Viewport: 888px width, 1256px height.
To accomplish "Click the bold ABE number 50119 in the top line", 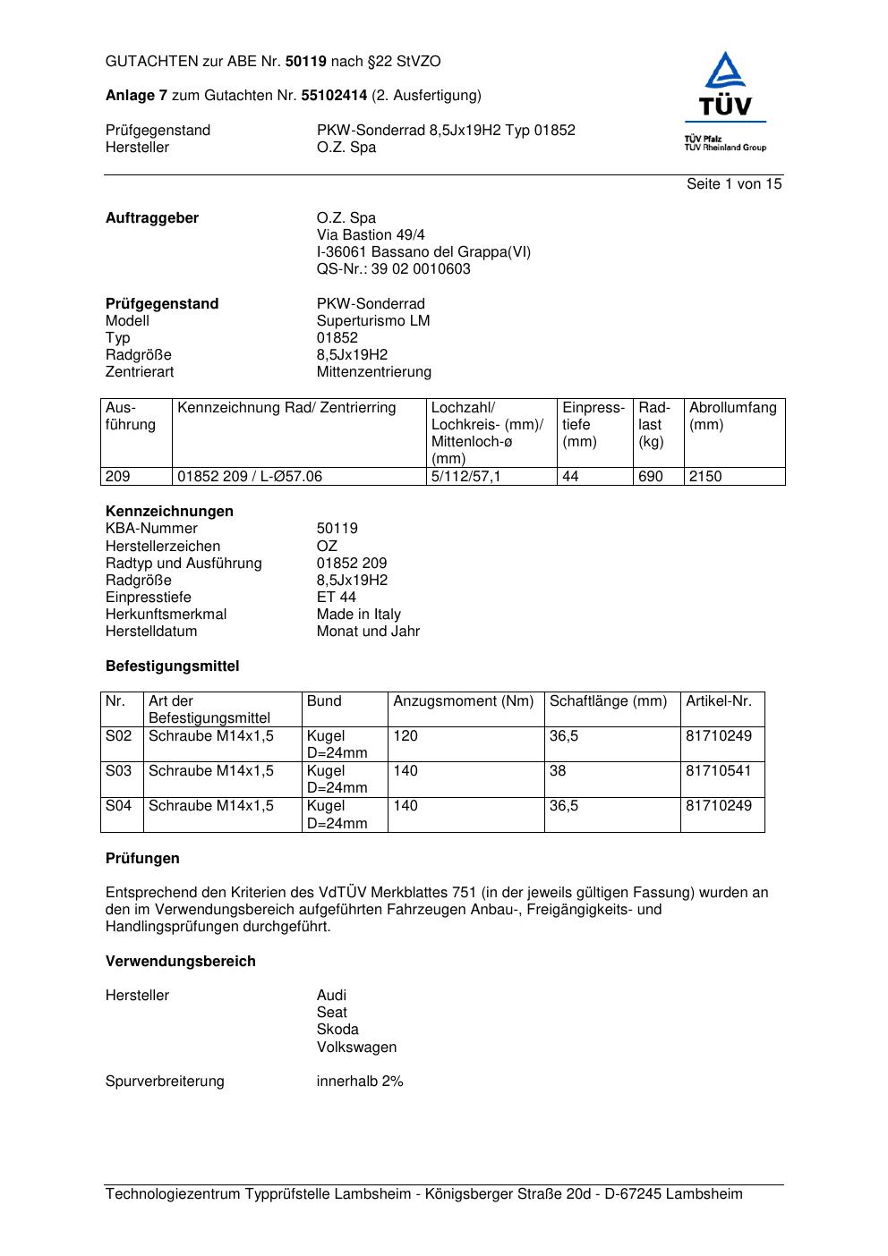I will click(306, 62).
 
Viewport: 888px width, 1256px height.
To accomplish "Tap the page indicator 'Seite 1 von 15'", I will click(733, 183).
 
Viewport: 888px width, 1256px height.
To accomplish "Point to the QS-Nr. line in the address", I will click(393, 268).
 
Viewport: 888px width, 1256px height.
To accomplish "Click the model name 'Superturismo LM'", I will click(372, 320).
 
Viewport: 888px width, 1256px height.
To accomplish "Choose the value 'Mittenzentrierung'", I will click(373, 371).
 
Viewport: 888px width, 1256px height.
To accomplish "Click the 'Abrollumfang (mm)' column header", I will click(732, 416).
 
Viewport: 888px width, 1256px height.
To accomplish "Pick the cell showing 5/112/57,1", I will click(465, 476).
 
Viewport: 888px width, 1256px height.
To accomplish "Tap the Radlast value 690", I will click(650, 476).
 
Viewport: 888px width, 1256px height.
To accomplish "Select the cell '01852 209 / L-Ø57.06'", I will click(250, 476).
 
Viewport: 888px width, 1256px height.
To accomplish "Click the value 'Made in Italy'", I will click(358, 614).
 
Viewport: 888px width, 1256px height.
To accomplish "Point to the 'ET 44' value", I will click(336, 597).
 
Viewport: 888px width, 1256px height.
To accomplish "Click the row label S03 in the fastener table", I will click(118, 770).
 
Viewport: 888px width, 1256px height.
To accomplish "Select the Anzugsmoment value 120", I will click(406, 735).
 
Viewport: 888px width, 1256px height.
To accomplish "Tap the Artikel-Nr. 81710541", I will click(718, 770).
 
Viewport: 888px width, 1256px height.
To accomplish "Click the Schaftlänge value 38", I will click(558, 770).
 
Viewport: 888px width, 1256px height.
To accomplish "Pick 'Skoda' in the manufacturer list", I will click(337, 1029).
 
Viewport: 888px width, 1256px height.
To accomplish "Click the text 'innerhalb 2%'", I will click(359, 1081).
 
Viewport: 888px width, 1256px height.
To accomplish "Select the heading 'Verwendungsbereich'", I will click(180, 961).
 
